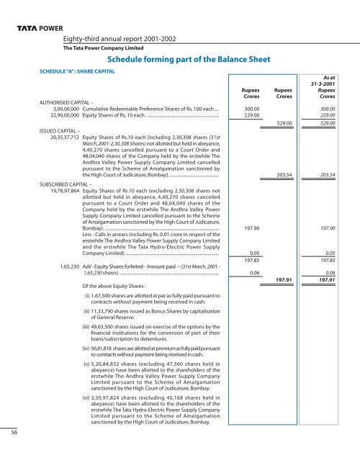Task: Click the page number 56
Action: pyautogui.click(x=14, y=431)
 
